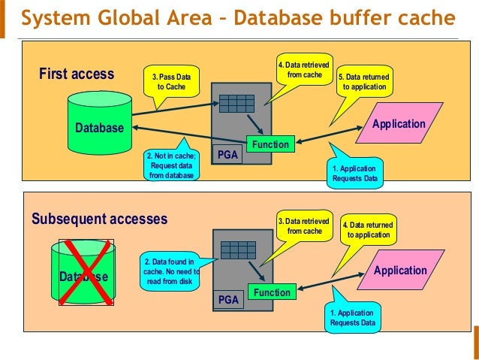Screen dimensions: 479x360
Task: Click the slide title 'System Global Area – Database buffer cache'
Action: point(238,17)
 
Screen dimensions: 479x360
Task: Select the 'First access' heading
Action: point(77,74)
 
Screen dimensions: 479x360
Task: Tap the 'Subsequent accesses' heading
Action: point(100,219)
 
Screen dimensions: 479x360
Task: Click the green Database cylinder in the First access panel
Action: point(100,123)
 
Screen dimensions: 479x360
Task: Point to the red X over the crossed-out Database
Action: point(86,272)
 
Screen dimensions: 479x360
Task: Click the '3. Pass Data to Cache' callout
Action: point(171,82)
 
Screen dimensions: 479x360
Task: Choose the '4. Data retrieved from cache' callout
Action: point(304,70)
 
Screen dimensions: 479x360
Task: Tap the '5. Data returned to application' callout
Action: point(364,82)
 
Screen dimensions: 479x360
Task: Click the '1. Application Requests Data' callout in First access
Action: point(355,173)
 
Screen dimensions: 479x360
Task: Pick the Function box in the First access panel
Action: point(271,144)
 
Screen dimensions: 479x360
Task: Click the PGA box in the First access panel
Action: point(227,155)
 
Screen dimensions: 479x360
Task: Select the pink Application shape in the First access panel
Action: point(399,123)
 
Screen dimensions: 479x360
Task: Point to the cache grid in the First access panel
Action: point(236,104)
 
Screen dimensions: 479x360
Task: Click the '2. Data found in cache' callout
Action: point(170,271)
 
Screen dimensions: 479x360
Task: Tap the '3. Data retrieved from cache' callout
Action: point(304,226)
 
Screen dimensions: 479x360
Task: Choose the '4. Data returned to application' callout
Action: point(369,230)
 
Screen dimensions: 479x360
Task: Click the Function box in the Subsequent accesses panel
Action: point(272,292)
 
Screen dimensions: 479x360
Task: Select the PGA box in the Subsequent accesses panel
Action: point(228,299)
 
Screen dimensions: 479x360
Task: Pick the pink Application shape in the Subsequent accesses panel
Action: point(400,270)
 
